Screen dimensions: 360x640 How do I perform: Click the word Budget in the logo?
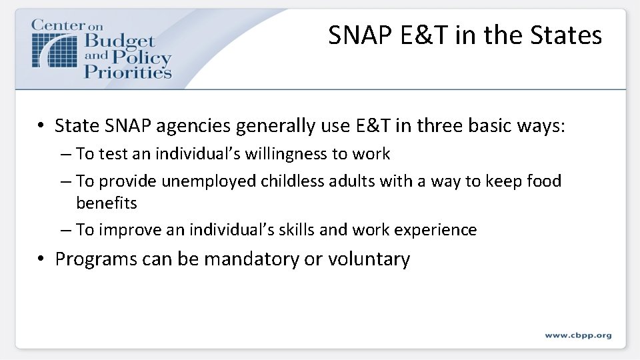point(119,43)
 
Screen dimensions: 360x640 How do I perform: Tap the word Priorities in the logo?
point(128,71)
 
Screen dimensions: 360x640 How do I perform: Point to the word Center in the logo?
point(58,25)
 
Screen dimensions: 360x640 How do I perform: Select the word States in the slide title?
point(566,35)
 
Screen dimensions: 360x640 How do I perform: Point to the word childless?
point(291,181)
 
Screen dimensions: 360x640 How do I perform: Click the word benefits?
point(107,203)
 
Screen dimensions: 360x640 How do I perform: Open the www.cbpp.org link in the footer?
point(578,335)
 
